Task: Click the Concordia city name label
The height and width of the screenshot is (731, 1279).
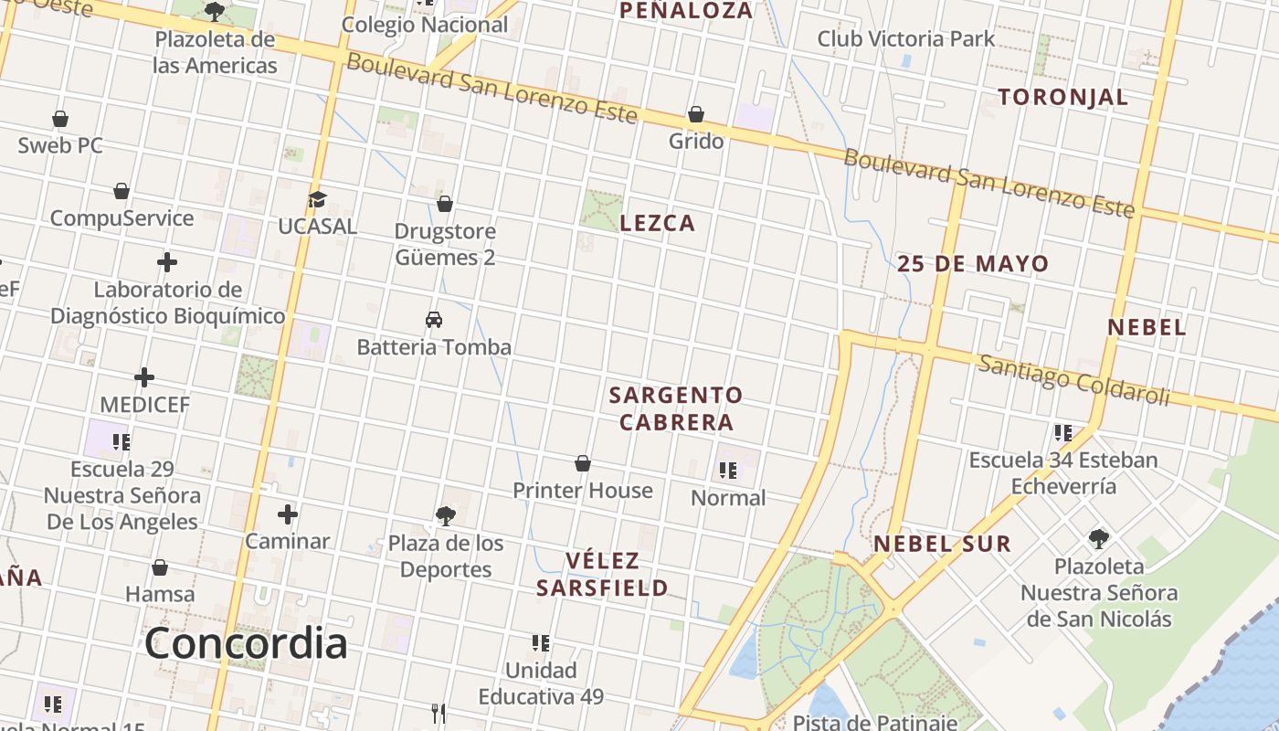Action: point(246,643)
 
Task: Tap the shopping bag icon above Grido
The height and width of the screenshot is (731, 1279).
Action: point(695,114)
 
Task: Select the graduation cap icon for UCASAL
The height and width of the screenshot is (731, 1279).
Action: point(317,199)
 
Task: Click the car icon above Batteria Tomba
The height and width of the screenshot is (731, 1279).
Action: point(434,320)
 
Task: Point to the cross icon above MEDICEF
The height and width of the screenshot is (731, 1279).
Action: point(144,377)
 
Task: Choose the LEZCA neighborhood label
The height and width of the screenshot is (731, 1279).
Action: point(658,223)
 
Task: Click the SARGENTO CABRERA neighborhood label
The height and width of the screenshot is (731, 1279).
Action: point(675,408)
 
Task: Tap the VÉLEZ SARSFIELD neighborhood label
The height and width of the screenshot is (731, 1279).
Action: point(602,574)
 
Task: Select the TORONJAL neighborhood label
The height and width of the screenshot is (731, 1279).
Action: point(1062,97)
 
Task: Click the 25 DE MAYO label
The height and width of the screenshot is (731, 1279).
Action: point(973,264)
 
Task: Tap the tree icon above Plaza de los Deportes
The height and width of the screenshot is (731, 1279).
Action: point(446,516)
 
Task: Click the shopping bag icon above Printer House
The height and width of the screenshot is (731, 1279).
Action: point(583,464)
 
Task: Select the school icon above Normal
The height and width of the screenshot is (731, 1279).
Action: point(728,471)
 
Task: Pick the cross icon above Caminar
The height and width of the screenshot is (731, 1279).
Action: point(288,514)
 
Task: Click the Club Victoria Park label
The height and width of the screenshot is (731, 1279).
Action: point(905,38)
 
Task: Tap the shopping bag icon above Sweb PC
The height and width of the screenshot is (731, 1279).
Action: point(60,119)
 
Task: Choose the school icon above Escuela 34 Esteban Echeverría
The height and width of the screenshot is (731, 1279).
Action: point(1062,432)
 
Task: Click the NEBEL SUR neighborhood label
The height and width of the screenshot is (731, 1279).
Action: point(942,544)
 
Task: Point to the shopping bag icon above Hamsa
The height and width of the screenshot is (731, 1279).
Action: point(160,568)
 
